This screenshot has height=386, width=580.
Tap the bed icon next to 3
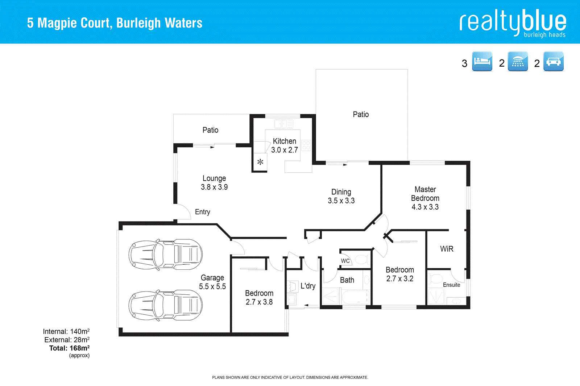click(482, 61)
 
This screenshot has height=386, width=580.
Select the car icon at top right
click(554, 61)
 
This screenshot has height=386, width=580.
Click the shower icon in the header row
click(518, 61)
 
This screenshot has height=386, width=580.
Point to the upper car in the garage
click(165, 255)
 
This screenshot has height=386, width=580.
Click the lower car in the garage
click(165, 305)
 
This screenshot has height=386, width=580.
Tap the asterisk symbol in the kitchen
click(260, 162)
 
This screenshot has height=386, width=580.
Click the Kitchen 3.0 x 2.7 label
click(285, 146)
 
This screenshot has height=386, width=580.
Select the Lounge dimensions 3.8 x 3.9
click(214, 187)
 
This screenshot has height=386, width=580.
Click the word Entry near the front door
click(202, 212)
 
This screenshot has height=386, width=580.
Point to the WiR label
click(447, 249)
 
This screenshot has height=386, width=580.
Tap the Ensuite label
click(451, 285)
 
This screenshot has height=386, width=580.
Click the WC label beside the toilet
click(345, 261)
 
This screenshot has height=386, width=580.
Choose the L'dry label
click(308, 286)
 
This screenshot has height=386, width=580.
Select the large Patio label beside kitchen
click(361, 114)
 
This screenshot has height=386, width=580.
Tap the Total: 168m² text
click(69, 348)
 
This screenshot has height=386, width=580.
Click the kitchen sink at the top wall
click(283, 124)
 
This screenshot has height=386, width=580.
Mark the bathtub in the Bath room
click(355, 297)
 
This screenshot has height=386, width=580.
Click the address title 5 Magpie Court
click(115, 23)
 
